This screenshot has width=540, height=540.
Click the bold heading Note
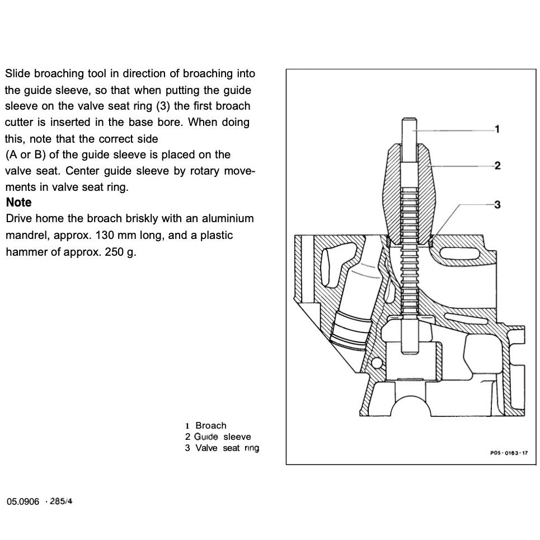click(x=18, y=203)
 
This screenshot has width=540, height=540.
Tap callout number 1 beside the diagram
click(x=497, y=129)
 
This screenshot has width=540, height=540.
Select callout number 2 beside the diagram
click(x=497, y=166)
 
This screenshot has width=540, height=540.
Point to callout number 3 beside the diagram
click(x=497, y=204)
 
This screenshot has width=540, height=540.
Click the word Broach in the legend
click(x=211, y=426)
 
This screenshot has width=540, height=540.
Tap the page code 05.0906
click(x=23, y=501)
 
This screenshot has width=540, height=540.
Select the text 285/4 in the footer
click(x=61, y=501)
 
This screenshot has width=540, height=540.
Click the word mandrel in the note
click(x=25, y=236)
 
